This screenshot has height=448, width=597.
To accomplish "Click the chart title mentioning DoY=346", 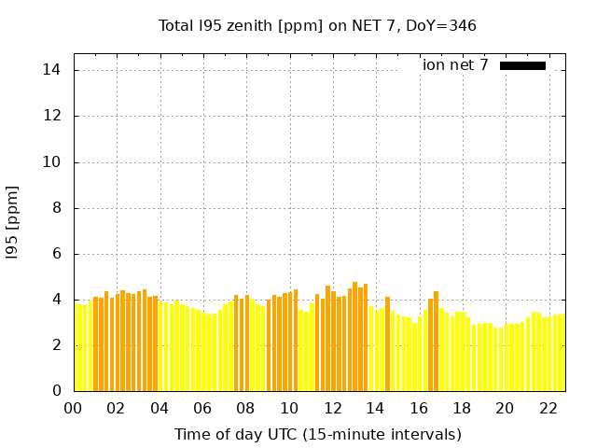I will pyautogui.click(x=317, y=26).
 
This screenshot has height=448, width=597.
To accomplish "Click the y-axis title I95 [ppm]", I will pyautogui.click(x=13, y=221).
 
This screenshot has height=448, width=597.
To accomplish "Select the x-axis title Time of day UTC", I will pyautogui.click(x=317, y=434).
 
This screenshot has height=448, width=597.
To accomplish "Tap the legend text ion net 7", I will pyautogui.click(x=455, y=65).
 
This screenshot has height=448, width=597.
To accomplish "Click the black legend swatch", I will pyautogui.click(x=522, y=65).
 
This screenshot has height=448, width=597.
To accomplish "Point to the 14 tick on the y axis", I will pyautogui.click(x=52, y=70).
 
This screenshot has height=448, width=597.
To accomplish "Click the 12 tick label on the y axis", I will pyautogui.click(x=52, y=116).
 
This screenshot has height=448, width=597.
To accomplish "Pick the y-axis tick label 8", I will pyautogui.click(x=56, y=207).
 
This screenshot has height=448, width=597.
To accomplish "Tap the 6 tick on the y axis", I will pyautogui.click(x=56, y=253).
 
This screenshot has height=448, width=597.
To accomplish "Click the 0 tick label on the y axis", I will pyautogui.click(x=56, y=390).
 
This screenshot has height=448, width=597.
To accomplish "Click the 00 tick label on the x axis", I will pyautogui.click(x=74, y=408).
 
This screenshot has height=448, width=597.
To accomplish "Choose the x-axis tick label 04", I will pyautogui.click(x=160, y=408).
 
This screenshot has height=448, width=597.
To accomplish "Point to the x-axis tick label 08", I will pyautogui.click(x=246, y=408).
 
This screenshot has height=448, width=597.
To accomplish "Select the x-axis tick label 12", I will pyautogui.click(x=332, y=408).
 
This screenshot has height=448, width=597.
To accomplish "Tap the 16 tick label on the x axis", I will pyautogui.click(x=419, y=408).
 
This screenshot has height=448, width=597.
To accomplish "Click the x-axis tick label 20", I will pyautogui.click(x=505, y=408).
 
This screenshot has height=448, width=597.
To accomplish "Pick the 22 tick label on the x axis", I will pyautogui.click(x=548, y=408).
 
